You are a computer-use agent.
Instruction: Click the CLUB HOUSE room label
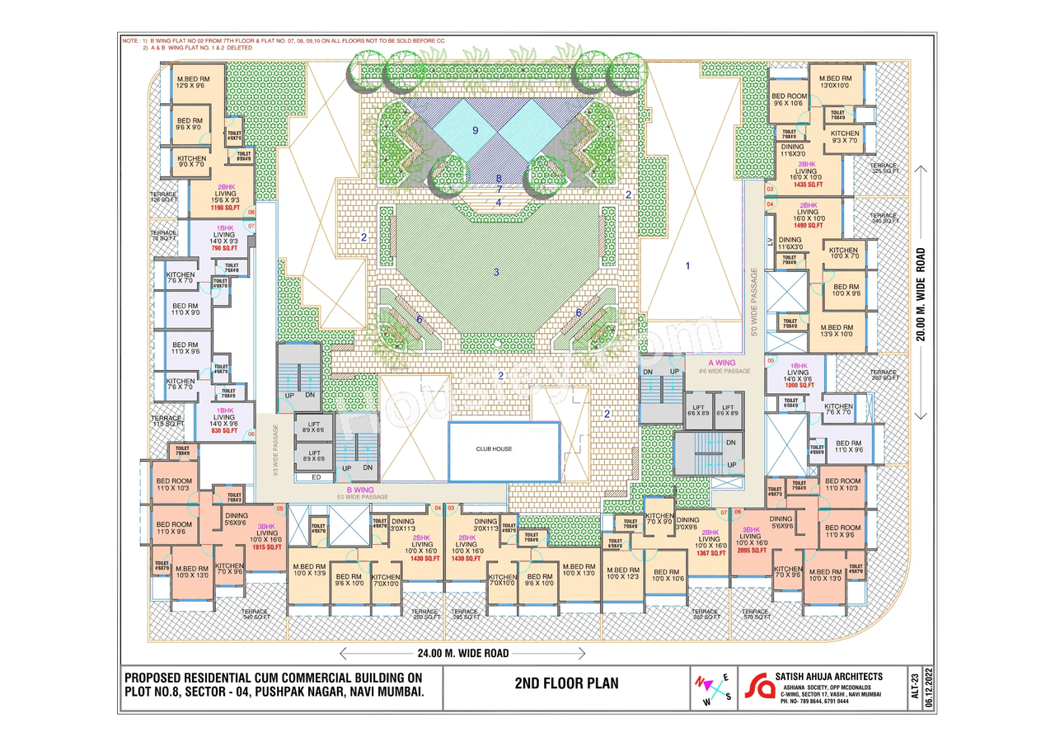pyautogui.click(x=494, y=449)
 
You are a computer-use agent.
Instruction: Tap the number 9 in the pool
pyautogui.click(x=476, y=130)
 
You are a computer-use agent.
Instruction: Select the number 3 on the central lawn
pyautogui.click(x=496, y=272)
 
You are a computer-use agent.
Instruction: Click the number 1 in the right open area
pyautogui.click(x=688, y=265)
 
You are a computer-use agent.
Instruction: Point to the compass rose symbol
pyautogui.click(x=714, y=688)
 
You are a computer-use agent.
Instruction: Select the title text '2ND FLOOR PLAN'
pyautogui.click(x=566, y=683)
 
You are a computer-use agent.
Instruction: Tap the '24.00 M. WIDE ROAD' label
pyautogui.click(x=462, y=653)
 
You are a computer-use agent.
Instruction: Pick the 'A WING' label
pyautogui.click(x=722, y=363)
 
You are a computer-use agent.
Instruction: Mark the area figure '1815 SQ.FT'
pyautogui.click(x=268, y=547)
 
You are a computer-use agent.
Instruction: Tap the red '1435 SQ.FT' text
pyautogui.click(x=809, y=185)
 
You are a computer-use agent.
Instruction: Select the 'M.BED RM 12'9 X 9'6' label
pyautogui.click(x=193, y=82)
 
